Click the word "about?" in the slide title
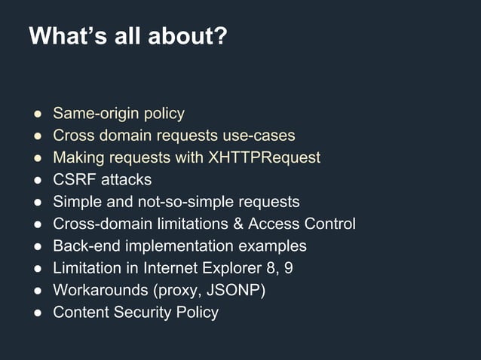(193, 37)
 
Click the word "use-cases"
(259, 136)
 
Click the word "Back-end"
(83, 246)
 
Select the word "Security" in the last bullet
(145, 312)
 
